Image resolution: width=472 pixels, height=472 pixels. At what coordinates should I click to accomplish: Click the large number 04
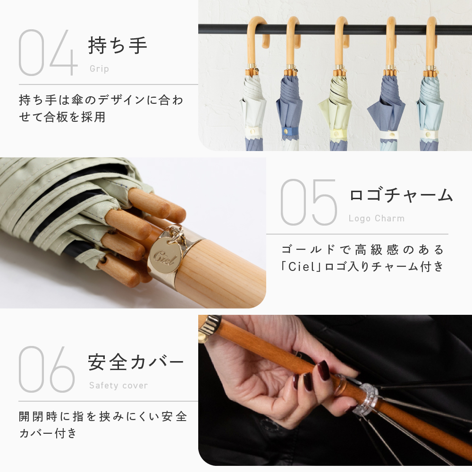coord(48,53)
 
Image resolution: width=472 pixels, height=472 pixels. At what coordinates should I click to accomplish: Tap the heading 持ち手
coord(118,45)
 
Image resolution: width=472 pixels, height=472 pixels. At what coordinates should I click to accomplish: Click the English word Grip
coord(99,69)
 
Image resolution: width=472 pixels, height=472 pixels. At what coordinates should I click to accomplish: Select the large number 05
coord(309,202)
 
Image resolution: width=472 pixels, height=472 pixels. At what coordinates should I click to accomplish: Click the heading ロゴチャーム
coord(401,195)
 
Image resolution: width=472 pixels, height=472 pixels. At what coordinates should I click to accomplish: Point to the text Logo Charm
coord(377,218)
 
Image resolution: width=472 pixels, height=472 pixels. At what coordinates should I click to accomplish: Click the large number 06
coord(47,369)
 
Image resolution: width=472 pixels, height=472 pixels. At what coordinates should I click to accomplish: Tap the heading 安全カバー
coord(135,362)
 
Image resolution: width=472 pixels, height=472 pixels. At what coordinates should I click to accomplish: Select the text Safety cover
coord(118,385)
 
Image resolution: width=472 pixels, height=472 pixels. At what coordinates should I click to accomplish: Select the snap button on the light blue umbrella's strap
coord(429,135)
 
